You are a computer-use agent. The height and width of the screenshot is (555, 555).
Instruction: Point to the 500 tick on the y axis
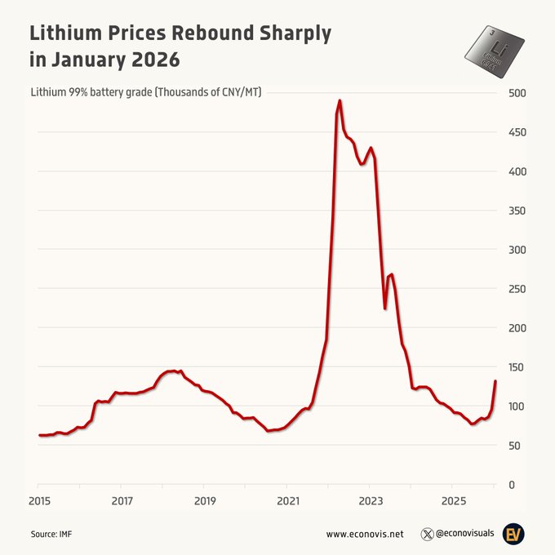click(x=517, y=93)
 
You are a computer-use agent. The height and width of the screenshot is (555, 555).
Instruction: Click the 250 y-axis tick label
click(x=517, y=289)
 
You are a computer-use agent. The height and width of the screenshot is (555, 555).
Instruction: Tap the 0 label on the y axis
click(x=511, y=485)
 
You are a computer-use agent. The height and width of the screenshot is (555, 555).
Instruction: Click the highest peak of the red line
click(x=340, y=101)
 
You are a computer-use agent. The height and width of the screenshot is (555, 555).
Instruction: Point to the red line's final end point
click(x=495, y=382)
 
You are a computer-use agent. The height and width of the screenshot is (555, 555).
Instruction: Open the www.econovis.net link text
click(x=365, y=535)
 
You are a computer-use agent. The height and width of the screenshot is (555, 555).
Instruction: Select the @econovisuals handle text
click(x=464, y=535)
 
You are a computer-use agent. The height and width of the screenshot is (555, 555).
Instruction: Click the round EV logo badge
click(x=513, y=534)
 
